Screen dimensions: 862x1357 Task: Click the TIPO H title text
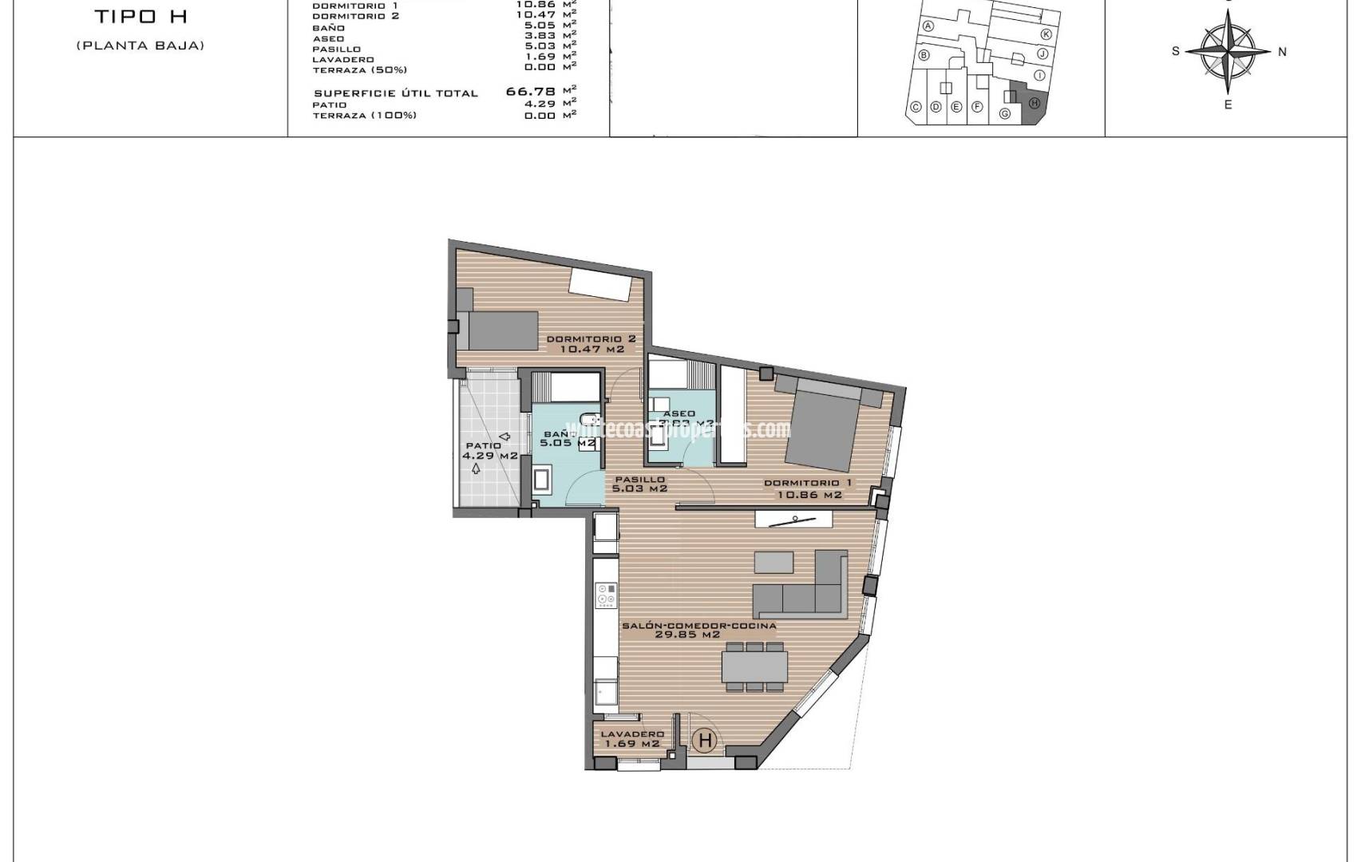pyautogui.click(x=140, y=16)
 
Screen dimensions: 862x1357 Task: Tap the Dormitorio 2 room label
pyautogui.click(x=591, y=344)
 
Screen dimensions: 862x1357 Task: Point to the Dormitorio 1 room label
pyautogui.click(x=808, y=488)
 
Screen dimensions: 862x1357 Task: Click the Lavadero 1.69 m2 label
pyautogui.click(x=632, y=739)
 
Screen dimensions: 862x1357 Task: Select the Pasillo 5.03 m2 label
pyautogui.click(x=639, y=484)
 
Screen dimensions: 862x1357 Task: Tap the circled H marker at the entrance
pyautogui.click(x=705, y=741)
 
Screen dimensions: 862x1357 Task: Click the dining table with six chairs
pyautogui.click(x=754, y=667)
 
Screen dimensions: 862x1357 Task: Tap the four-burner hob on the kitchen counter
pyautogui.click(x=607, y=594)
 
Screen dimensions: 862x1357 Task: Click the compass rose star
pyautogui.click(x=1228, y=51)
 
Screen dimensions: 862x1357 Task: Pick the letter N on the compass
pyautogui.click(x=1282, y=52)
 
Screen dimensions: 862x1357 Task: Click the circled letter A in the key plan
pyautogui.click(x=928, y=26)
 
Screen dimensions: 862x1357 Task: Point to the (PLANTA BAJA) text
pyautogui.click(x=140, y=45)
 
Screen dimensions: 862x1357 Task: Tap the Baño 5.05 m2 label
pyautogui.click(x=568, y=438)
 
